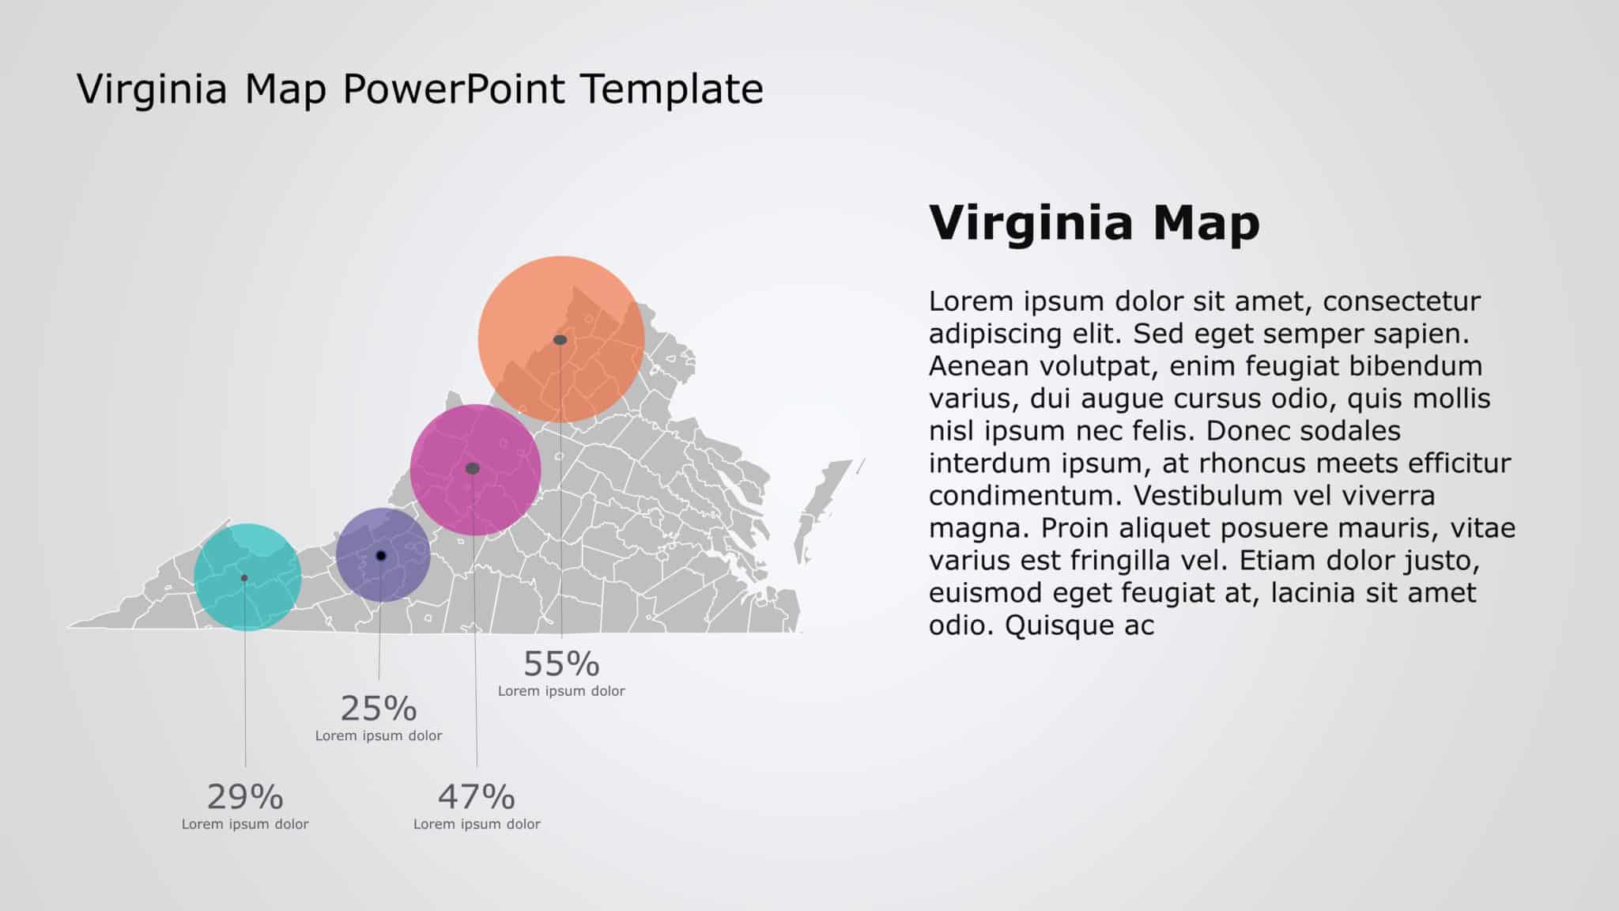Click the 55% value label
(561, 664)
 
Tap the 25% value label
(379, 709)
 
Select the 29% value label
(245, 797)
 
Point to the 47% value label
(477, 797)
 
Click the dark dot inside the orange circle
(560, 340)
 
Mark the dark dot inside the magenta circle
(473, 469)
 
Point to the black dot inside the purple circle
(381, 556)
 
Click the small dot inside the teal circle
(244, 578)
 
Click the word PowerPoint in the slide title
(454, 89)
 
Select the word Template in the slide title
(671, 89)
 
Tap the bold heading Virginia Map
(1094, 223)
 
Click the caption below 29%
(245, 824)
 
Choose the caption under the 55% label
(561, 691)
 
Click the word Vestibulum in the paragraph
(1210, 496)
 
